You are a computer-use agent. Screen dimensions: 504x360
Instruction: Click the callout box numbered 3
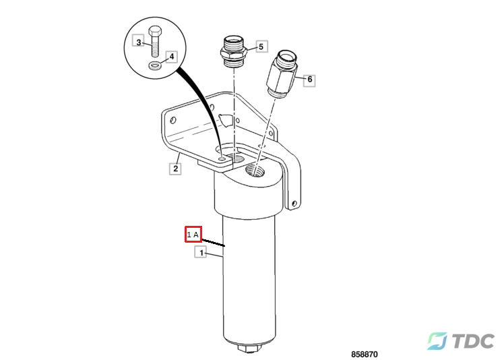(x=138, y=40)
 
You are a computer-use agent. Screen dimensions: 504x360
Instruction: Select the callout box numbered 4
(x=172, y=57)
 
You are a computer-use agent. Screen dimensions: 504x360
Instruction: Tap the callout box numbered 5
(x=261, y=47)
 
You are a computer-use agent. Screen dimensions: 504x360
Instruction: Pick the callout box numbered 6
(x=309, y=80)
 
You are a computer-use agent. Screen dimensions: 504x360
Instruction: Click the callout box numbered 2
(x=175, y=169)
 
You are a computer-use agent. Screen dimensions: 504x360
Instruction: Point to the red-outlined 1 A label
(x=193, y=234)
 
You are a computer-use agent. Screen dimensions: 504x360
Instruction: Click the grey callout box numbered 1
(x=201, y=252)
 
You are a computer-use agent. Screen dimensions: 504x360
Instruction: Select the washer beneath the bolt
(x=155, y=66)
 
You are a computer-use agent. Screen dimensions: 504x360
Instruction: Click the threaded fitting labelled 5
(x=233, y=51)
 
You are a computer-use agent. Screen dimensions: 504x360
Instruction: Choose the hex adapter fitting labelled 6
(x=282, y=74)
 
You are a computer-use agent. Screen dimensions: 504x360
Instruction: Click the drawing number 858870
(x=364, y=354)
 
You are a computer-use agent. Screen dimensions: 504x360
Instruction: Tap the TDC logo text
(x=473, y=340)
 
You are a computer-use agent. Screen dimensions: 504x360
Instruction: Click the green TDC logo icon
(x=437, y=341)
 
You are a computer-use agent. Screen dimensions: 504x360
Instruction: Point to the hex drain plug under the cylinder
(x=250, y=348)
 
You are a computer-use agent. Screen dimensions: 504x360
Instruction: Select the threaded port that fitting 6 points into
(x=254, y=170)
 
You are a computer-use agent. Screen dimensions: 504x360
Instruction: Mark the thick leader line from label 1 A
(x=213, y=243)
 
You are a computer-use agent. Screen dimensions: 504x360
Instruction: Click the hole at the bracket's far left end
(x=173, y=120)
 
